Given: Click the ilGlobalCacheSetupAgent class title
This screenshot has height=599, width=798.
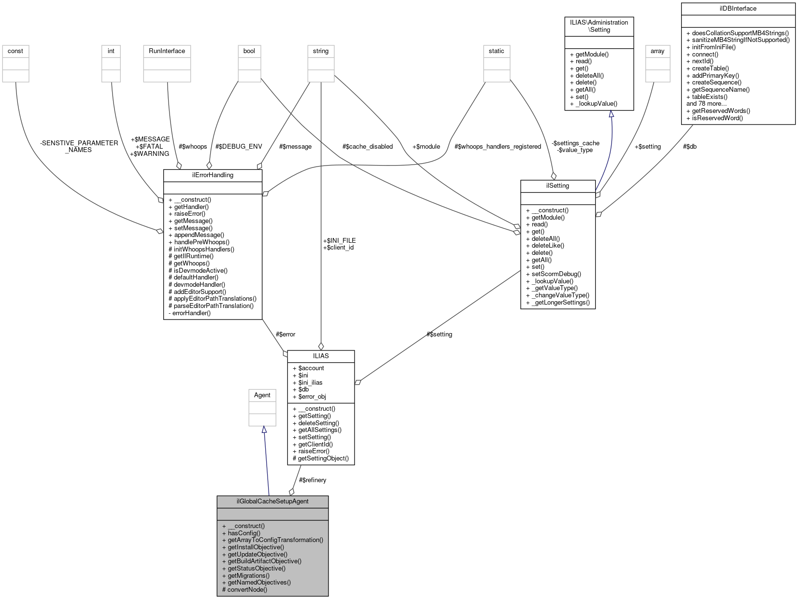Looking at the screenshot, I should point(272,501).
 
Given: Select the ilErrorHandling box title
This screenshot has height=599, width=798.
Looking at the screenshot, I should point(213,175).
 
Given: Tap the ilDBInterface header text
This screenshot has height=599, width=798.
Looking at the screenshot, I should point(738,8).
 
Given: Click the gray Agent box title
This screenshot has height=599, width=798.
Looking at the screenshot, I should point(262,395).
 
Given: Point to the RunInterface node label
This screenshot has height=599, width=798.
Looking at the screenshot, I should point(167,51).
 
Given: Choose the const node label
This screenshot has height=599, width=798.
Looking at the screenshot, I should point(15,51).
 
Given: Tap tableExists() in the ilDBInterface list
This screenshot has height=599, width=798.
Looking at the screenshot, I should point(710,97).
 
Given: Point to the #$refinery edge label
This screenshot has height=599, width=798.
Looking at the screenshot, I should point(313,480).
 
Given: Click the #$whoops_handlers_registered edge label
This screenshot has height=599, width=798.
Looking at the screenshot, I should point(498,146).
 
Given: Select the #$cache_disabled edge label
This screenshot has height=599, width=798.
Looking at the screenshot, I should point(367,146).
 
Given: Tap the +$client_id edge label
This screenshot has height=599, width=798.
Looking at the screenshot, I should point(338,247).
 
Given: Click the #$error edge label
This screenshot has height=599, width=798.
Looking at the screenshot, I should point(285,334).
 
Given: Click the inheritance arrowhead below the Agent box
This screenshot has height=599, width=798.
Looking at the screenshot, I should point(264,429).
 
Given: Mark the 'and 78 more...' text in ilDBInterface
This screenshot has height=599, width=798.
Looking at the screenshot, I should point(706,103).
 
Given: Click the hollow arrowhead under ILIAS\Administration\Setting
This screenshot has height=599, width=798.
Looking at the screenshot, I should point(611,114).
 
